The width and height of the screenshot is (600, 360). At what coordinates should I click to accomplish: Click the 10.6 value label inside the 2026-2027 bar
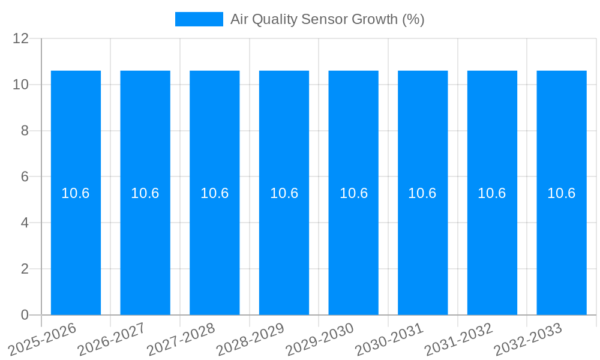coord(145,193)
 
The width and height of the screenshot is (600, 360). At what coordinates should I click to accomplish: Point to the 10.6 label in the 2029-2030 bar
coord(353,193)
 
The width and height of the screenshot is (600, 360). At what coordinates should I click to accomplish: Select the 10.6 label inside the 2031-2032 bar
coord(492,193)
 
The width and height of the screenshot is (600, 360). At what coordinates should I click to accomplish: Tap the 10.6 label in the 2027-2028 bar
coord(215,193)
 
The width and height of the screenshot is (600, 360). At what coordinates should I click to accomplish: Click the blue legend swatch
coord(199,19)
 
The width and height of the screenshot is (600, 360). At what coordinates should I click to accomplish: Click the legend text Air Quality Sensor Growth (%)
coord(327,19)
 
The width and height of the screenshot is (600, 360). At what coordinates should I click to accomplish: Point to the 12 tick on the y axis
coord(21,38)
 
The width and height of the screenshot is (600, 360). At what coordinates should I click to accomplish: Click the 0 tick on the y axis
coord(25,315)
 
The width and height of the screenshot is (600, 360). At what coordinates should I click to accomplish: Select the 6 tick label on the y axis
coord(25,177)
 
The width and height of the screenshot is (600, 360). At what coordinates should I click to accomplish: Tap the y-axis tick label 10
coord(21,85)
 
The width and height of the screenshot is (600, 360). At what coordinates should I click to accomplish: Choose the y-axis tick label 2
coord(25,269)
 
